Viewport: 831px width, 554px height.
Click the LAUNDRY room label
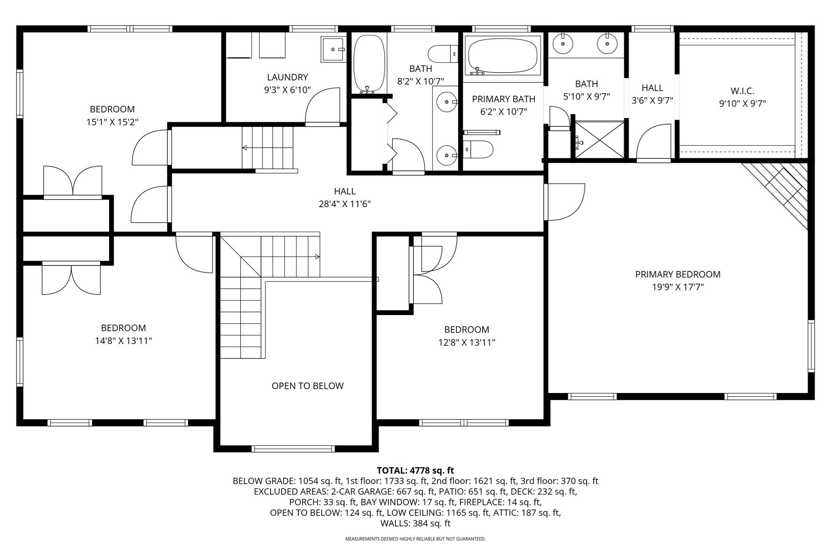point(287,77)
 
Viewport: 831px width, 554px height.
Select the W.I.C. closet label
point(742,91)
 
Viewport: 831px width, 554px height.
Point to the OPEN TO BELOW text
point(308,386)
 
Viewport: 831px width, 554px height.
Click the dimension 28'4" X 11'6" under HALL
point(344,204)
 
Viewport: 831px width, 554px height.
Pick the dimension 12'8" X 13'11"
point(467,343)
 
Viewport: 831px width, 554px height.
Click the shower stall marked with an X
point(600,140)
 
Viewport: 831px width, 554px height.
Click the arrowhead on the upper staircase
point(245,148)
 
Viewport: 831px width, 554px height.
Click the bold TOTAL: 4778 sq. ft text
point(415,470)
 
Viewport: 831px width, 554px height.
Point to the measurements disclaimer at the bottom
point(415,539)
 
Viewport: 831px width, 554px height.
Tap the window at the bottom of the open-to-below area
point(293,449)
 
